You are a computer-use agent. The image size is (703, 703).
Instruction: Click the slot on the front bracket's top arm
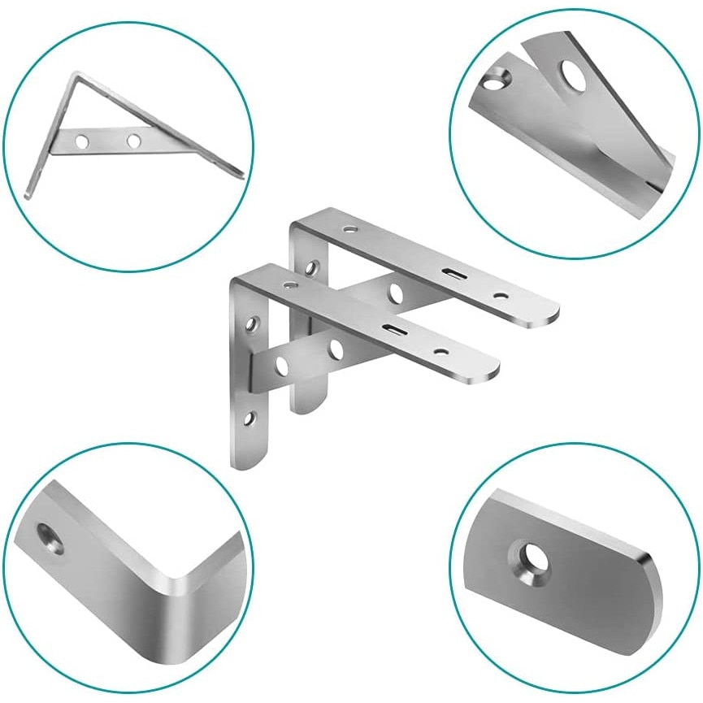pyautogui.click(x=396, y=329)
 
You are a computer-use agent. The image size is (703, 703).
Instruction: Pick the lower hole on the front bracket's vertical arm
pyautogui.click(x=250, y=420)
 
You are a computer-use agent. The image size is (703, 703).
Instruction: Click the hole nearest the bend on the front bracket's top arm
pyautogui.click(x=289, y=286)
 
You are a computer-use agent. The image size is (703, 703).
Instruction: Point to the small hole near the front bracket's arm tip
pyautogui.click(x=440, y=351)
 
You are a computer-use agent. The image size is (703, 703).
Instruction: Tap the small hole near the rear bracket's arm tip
pyautogui.click(x=501, y=296)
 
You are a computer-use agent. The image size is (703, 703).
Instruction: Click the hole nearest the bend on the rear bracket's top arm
pyautogui.click(x=349, y=230)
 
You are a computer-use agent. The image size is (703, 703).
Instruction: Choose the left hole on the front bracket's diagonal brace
pyautogui.click(x=281, y=366)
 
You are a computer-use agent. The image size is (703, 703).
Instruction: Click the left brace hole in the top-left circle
pyautogui.click(x=81, y=141)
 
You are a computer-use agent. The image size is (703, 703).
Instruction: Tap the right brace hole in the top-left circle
pyautogui.click(x=133, y=141)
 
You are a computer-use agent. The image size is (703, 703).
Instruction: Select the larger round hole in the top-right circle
pyautogui.click(x=575, y=76)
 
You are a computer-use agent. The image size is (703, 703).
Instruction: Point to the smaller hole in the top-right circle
pyautogui.click(x=496, y=79)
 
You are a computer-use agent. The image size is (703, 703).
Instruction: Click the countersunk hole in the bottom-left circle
pyautogui.click(x=50, y=538)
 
